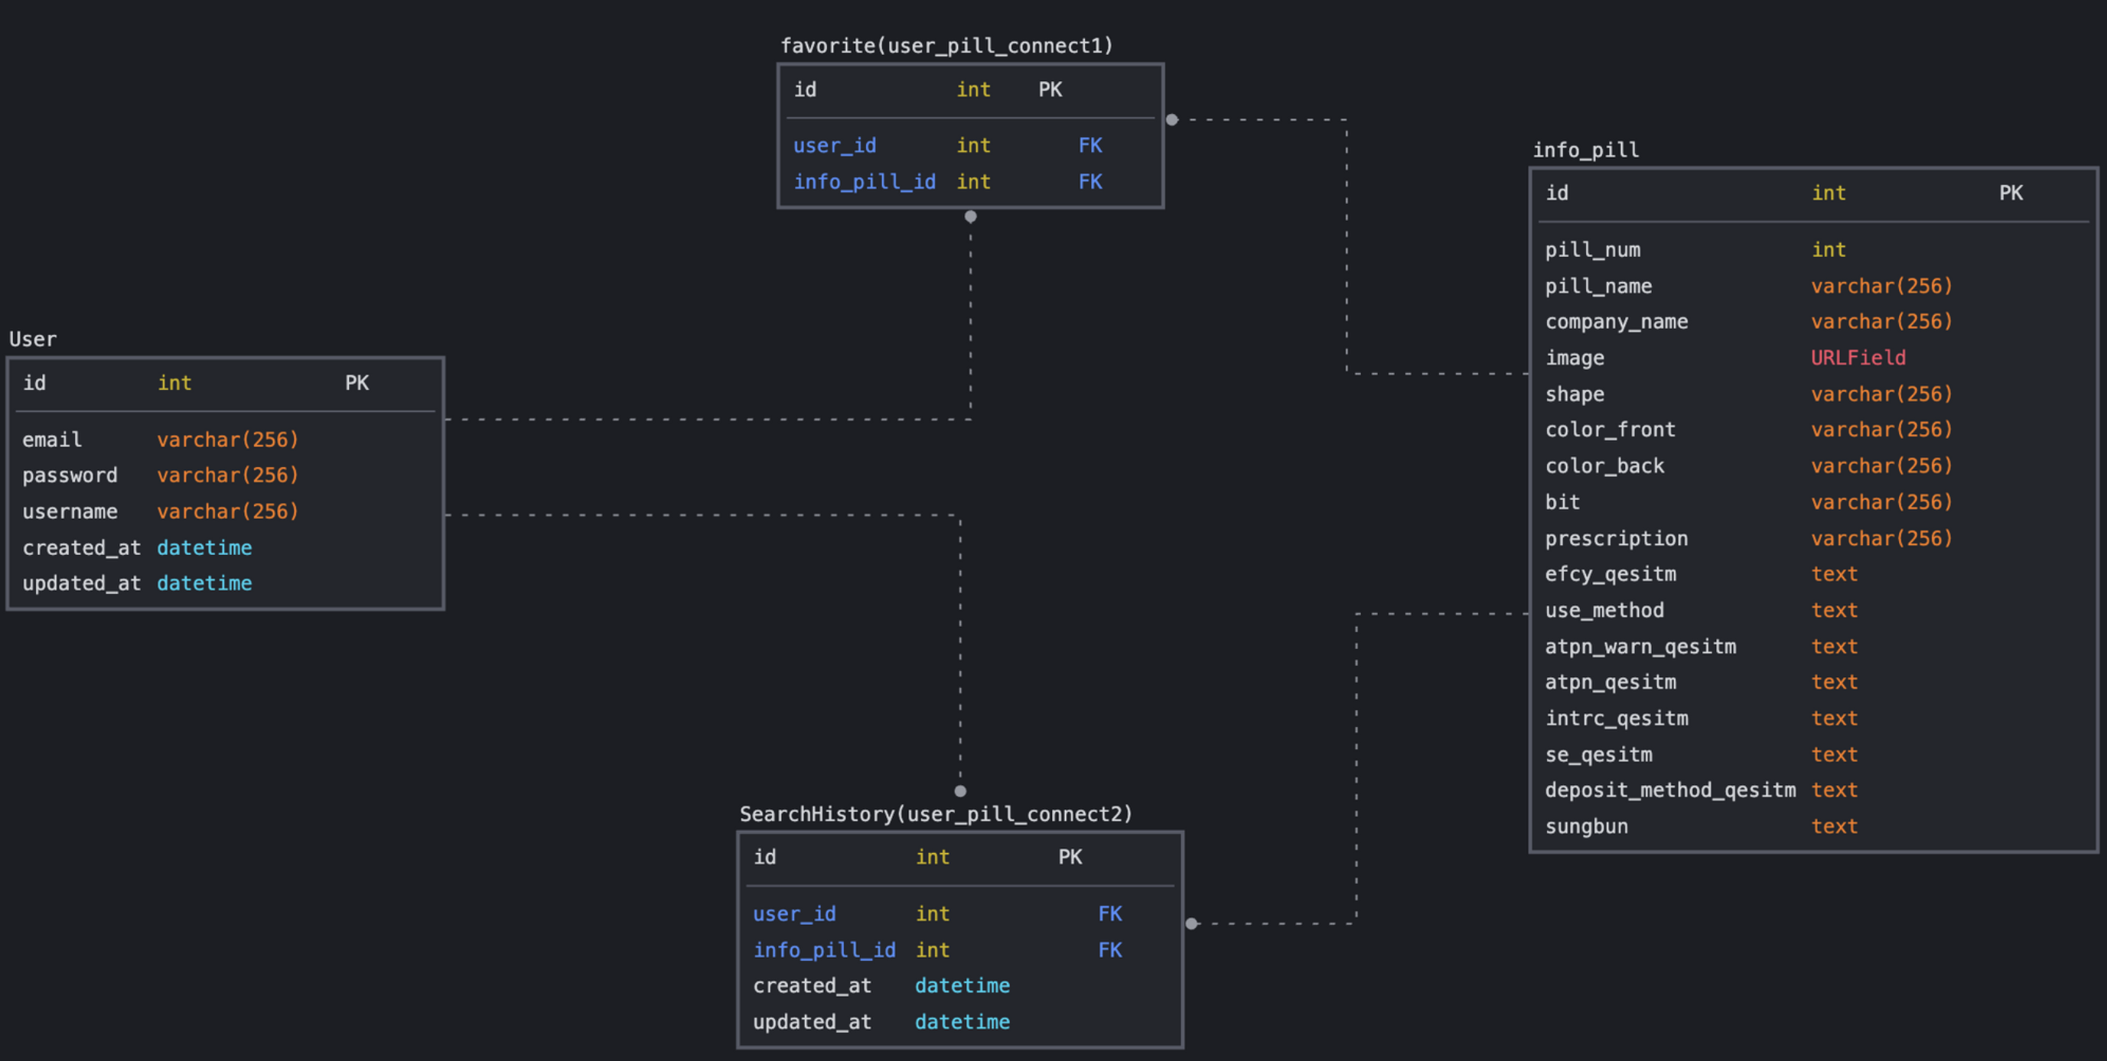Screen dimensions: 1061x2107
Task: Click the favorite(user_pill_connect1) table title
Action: pos(946,46)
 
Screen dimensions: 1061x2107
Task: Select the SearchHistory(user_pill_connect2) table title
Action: pos(936,814)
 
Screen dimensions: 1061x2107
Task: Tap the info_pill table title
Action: pos(1585,151)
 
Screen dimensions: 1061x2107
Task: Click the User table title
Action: pos(33,339)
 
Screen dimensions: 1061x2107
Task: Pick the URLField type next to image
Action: pos(1858,358)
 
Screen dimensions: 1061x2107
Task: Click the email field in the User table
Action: pos(51,440)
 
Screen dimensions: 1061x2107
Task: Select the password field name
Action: pos(70,475)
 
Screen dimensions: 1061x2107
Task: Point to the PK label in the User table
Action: pos(357,384)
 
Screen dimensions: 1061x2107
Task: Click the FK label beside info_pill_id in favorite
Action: pos(1089,181)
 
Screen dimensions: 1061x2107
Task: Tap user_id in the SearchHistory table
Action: pos(793,914)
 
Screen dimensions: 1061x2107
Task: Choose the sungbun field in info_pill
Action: pos(1586,826)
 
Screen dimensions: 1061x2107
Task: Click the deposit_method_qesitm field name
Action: pos(1669,790)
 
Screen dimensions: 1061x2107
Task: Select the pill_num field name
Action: pos(1591,250)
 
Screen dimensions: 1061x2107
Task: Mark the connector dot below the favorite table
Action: pos(970,216)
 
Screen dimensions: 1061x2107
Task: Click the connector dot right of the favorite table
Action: pos(1171,119)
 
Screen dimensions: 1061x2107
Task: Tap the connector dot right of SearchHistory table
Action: pos(1191,923)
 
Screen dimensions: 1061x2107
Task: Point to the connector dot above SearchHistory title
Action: pos(959,790)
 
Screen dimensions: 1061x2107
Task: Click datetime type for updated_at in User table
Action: pos(204,584)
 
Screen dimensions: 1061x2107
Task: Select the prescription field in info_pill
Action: pos(1615,539)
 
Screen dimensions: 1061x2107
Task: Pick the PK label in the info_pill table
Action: pos(2011,193)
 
